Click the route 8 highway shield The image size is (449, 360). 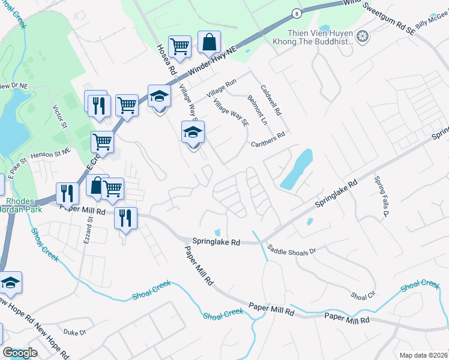click(x=297, y=13)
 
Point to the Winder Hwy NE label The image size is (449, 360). click(x=212, y=59)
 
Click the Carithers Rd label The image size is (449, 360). click(x=268, y=135)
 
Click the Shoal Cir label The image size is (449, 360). click(x=363, y=295)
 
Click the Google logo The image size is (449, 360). click(x=20, y=353)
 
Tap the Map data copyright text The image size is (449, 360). click(x=422, y=355)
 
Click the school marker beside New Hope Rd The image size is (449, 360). click(x=10, y=282)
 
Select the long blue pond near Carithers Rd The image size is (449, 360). click(x=297, y=169)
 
